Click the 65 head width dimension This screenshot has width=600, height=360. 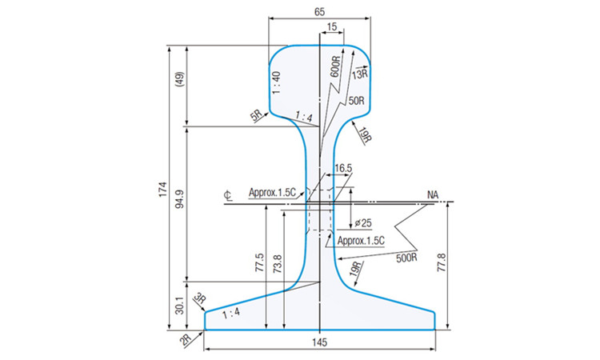pyautogui.click(x=319, y=12)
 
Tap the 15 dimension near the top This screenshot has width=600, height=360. pyautogui.click(x=332, y=26)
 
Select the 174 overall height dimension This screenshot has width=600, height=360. pyautogui.click(x=163, y=190)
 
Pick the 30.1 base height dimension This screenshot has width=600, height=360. pyautogui.click(x=180, y=305)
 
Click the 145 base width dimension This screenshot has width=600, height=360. pyautogui.click(x=319, y=342)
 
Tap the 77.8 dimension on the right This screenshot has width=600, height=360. pyautogui.click(x=442, y=262)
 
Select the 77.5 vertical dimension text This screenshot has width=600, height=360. pyautogui.click(x=259, y=262)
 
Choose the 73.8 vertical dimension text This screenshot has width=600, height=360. pyautogui.click(x=278, y=263)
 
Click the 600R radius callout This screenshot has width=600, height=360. pyautogui.click(x=335, y=67)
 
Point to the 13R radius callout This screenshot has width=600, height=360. pyautogui.click(x=360, y=74)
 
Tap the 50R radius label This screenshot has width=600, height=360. pyautogui.click(x=356, y=101)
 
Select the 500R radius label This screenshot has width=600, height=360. pyautogui.click(x=406, y=258)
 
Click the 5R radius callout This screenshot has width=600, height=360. pyautogui.click(x=257, y=115)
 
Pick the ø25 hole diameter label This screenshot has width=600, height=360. pyautogui.click(x=363, y=222)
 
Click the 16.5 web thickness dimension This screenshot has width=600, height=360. pyautogui.click(x=343, y=168)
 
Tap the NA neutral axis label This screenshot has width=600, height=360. pyautogui.click(x=433, y=195)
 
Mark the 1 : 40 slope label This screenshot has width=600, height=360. pyautogui.click(x=277, y=82)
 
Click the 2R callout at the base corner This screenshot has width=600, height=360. pyautogui.click(x=186, y=340)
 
